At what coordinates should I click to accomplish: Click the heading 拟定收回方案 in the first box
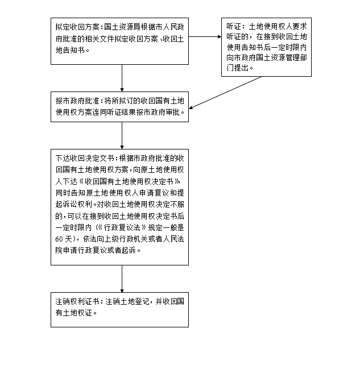tap(77, 27)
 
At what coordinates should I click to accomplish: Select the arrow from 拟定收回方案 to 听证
tap(205, 38)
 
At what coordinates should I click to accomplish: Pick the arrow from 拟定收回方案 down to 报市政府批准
tap(122, 77)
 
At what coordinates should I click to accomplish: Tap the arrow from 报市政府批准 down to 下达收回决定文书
tap(122, 135)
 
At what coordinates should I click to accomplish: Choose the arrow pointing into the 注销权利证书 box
tap(122, 280)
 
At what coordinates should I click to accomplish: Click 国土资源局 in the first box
tap(121, 27)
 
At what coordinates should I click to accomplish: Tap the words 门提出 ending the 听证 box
tap(237, 68)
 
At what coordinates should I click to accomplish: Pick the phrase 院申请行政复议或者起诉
tap(97, 250)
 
